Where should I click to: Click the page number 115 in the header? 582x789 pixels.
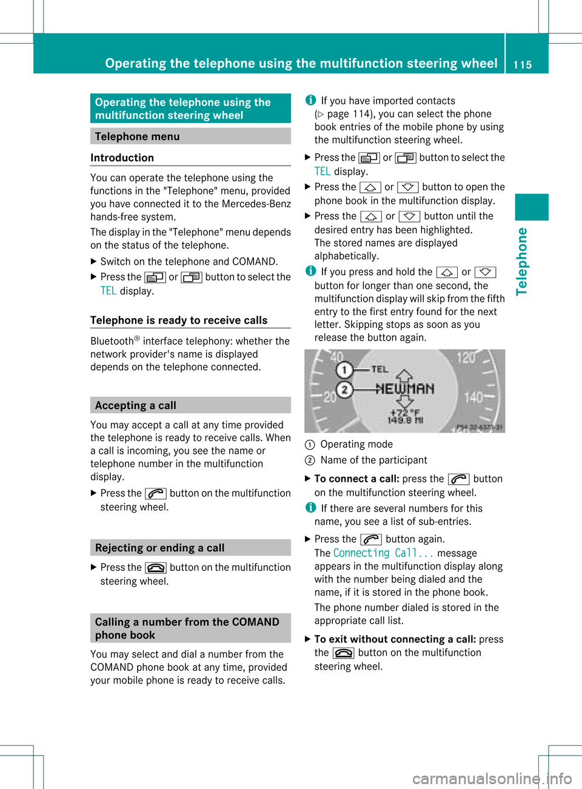522,65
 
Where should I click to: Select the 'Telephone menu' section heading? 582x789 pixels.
137,136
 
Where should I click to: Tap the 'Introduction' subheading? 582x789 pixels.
122,158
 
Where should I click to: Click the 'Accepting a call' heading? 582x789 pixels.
135,405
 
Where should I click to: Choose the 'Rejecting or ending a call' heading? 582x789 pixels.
159,548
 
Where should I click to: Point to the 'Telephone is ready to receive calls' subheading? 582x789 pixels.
179,320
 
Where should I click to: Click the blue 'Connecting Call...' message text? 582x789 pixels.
383,553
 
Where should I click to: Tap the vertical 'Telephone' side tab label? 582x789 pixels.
521,262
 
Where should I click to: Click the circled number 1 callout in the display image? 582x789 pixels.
344,369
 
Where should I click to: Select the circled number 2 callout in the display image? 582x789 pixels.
344,390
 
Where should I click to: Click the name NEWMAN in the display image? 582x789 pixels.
404,388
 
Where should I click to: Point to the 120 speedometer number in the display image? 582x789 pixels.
466,358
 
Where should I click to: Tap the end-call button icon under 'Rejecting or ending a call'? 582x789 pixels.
156,568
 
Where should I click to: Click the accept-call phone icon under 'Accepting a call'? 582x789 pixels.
156,494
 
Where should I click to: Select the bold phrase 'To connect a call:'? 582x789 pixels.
356,479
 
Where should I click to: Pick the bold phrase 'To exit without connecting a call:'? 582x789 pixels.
395,639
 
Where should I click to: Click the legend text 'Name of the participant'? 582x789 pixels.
373,460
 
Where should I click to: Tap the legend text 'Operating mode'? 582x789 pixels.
356,444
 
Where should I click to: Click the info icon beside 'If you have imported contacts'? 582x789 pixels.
310,101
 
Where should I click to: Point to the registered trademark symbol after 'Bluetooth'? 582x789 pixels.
137,338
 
